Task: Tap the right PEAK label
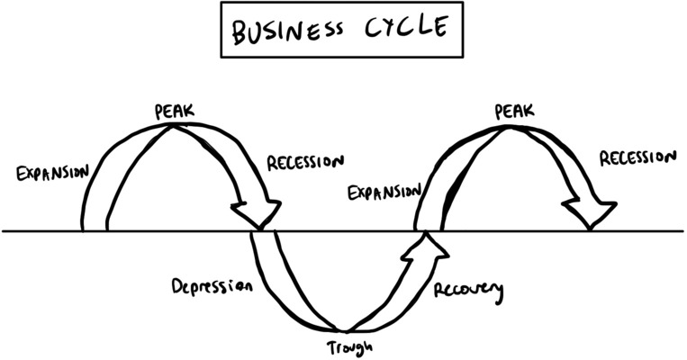click(x=514, y=112)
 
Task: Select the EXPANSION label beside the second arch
click(x=384, y=192)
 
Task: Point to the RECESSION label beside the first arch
click(x=305, y=166)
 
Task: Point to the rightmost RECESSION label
click(x=637, y=158)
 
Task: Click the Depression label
click(x=212, y=288)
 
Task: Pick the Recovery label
click(x=468, y=292)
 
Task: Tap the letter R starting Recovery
click(x=439, y=291)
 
